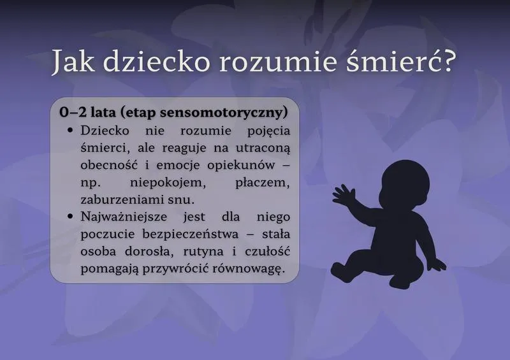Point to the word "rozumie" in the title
[x=275, y=61]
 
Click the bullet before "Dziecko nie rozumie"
[x=71, y=130]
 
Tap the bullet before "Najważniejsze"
[x=71, y=216]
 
